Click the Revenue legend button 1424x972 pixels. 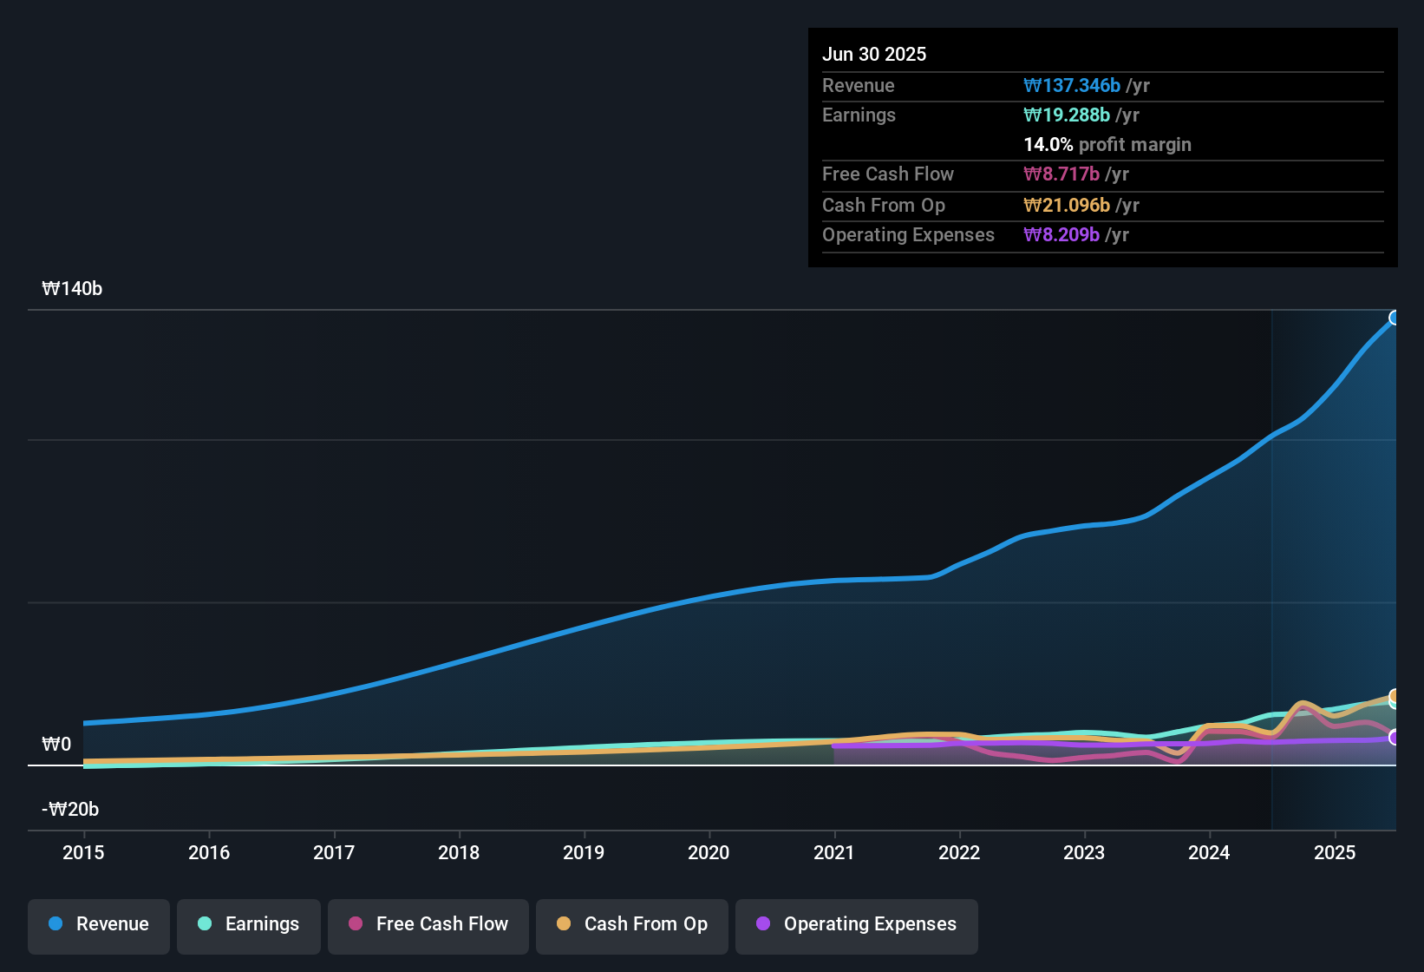tap(99, 924)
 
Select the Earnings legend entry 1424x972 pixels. tap(249, 924)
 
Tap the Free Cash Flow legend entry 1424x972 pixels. tap(428, 924)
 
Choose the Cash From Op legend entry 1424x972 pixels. tap(632, 924)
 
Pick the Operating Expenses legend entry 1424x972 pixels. tap(857, 924)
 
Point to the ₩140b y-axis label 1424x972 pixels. tap(72, 289)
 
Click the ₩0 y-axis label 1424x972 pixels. tap(56, 745)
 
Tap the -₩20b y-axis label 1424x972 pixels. tap(70, 810)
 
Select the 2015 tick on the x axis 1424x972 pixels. tap(83, 852)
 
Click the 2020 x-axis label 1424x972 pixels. tap(709, 852)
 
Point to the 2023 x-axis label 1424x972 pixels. tap(1084, 852)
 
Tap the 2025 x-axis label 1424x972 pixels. tap(1334, 852)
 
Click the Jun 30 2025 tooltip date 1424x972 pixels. tap(874, 55)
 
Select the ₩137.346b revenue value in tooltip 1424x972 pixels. tap(1072, 86)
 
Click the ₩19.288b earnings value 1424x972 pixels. tap(1067, 115)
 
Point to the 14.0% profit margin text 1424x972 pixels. tap(1107, 145)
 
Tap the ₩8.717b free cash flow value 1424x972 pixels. tap(1061, 174)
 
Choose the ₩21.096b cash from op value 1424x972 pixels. tap(1067, 206)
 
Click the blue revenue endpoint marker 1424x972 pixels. tap(1395, 318)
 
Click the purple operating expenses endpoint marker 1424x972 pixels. tap(1395, 738)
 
